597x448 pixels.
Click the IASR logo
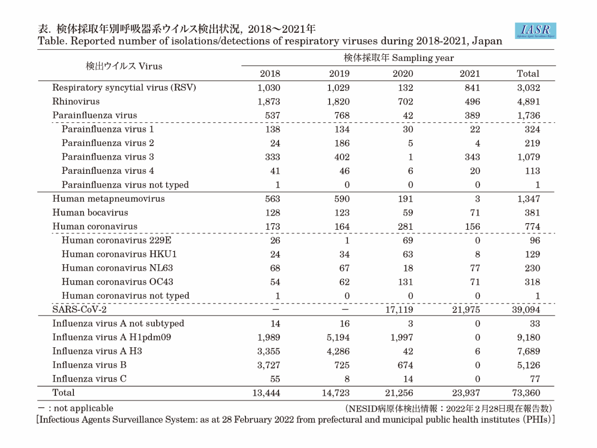535,30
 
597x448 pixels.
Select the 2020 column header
403,73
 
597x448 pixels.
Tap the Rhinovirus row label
76,101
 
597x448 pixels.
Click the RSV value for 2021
472,88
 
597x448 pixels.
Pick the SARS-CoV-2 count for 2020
399,310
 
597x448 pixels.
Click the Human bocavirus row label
90,212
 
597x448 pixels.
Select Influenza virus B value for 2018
269,365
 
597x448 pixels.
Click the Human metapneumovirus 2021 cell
477,199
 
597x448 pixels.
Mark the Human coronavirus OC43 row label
117,282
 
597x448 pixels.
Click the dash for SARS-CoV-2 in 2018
276,310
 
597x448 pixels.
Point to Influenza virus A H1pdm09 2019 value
338,337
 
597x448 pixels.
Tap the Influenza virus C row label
89,379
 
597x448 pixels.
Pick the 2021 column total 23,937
466,393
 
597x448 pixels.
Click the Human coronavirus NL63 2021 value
475,268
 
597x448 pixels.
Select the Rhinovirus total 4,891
528,102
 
